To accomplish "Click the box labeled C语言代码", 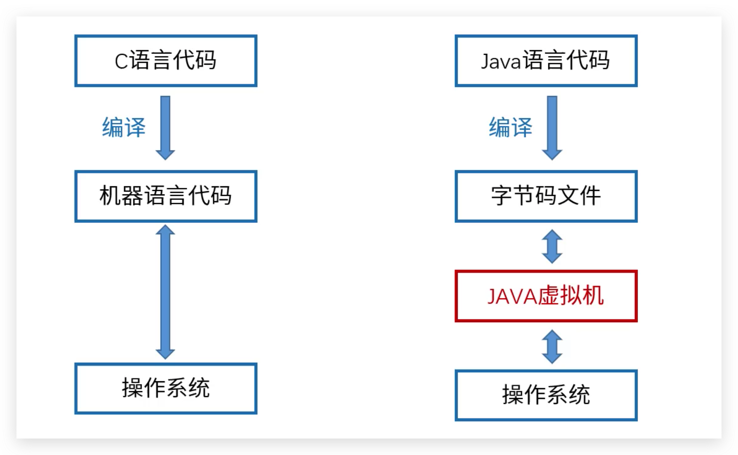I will coord(166,61).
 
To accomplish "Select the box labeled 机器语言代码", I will coord(166,196).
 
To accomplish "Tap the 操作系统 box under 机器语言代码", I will coord(166,388).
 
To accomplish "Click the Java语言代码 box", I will coord(546,61).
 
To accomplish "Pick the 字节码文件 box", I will coord(546,196).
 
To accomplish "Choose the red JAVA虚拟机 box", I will coord(546,296).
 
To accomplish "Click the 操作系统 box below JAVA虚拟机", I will coord(546,395).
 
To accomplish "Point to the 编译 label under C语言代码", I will coord(124,127).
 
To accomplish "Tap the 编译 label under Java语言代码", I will coord(510,127).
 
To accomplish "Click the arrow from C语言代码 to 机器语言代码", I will coord(165,128).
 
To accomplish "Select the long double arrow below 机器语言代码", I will coord(165,292).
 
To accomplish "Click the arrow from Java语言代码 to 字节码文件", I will coord(552,128).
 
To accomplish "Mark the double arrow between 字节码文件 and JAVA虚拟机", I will coord(552,246).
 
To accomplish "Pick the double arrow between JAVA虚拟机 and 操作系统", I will coord(552,346).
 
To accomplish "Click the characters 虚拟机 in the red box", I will coord(571,296).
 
